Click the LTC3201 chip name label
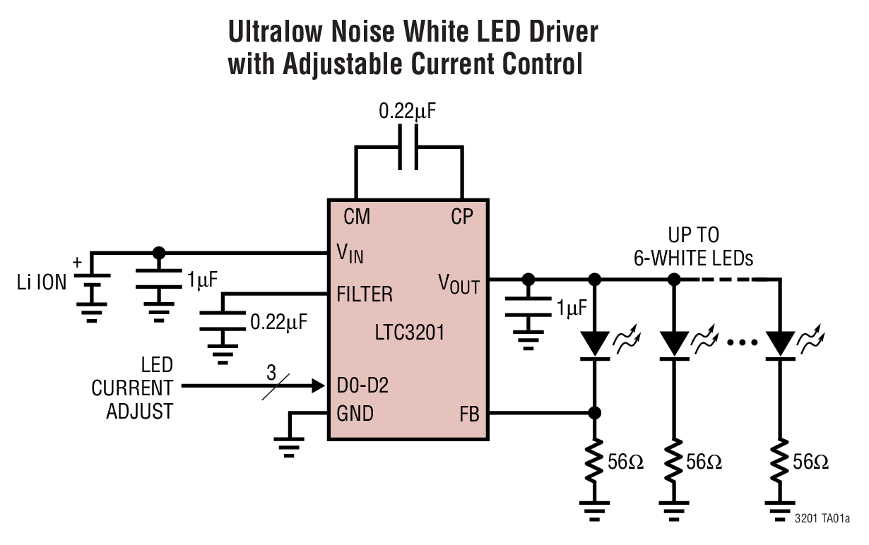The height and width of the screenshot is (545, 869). [x=410, y=331]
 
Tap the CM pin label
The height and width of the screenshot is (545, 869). [x=357, y=217]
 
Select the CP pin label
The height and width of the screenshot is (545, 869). [x=462, y=217]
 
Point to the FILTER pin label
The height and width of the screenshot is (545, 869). [x=365, y=293]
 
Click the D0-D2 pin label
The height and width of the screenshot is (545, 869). [x=362, y=386]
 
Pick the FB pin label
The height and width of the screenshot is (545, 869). [x=468, y=414]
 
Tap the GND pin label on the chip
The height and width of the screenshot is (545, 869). [x=355, y=413]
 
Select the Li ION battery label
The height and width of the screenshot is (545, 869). [x=42, y=283]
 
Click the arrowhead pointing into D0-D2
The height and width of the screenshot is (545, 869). [x=317, y=386]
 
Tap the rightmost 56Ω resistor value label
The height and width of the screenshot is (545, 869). [x=810, y=462]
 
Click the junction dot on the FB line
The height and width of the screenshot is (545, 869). [x=596, y=413]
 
